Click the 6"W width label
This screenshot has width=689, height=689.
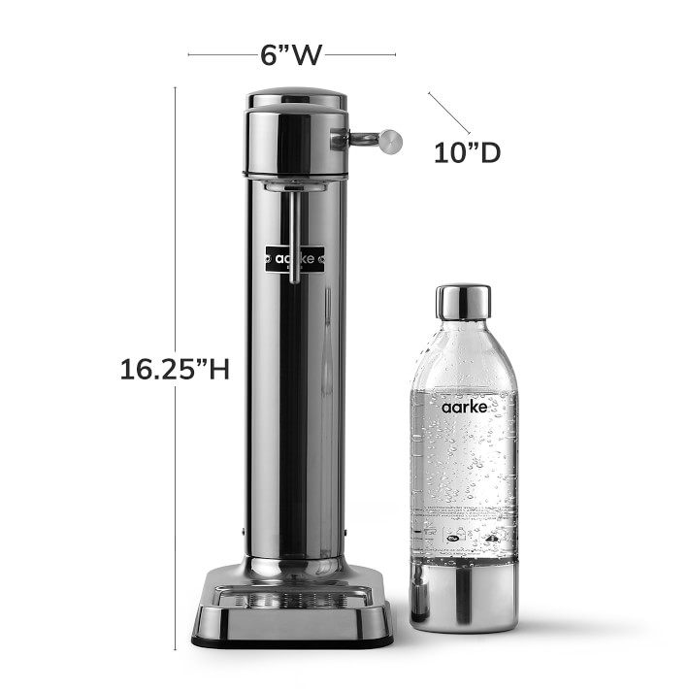pos(291,54)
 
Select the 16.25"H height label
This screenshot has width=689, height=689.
pos(175,369)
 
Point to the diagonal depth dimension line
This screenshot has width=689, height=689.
pos(448,113)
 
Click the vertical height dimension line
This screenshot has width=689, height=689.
pos(176,243)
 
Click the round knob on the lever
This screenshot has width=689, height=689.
pos(389,141)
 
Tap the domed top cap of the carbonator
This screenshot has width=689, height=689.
pos(296,99)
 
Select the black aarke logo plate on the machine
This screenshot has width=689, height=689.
pos(295,259)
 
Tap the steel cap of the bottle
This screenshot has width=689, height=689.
pos(463,302)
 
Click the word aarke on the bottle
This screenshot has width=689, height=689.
pos(463,408)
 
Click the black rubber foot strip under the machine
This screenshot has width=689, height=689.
pos(293,642)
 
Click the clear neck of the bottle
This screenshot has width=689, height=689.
pos(463,335)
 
